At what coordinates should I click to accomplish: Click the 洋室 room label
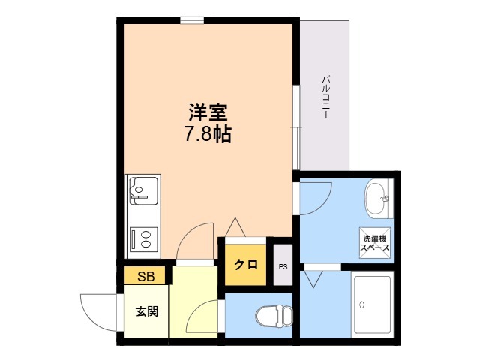(x=208, y=112)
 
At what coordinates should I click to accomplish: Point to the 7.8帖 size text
(x=207, y=133)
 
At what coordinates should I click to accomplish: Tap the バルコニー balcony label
(x=325, y=97)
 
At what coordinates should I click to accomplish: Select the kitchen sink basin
(x=144, y=191)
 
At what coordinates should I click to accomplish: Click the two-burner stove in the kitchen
(x=144, y=239)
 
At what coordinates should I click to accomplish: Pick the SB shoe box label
(x=146, y=277)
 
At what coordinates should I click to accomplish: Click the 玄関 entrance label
(x=147, y=311)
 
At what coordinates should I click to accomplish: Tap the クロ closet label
(x=246, y=264)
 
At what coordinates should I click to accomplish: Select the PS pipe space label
(x=283, y=267)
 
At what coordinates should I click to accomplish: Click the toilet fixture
(x=274, y=316)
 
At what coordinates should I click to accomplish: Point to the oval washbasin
(x=376, y=199)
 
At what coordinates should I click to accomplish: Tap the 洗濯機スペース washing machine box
(x=375, y=243)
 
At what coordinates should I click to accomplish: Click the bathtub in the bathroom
(x=373, y=304)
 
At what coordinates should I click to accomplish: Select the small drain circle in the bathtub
(x=362, y=304)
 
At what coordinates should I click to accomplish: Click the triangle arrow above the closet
(x=235, y=227)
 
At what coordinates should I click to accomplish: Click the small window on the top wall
(x=192, y=20)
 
